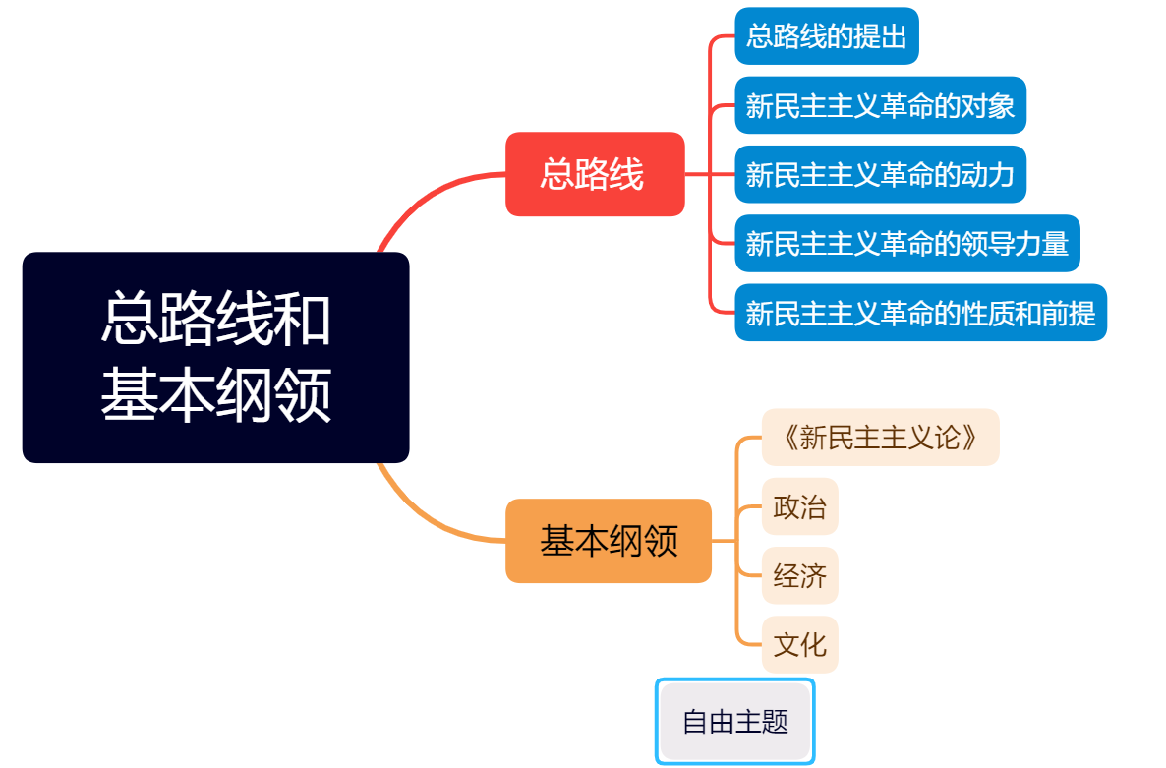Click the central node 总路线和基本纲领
tap(215, 357)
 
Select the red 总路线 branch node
tap(594, 174)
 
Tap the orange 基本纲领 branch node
tap(608, 541)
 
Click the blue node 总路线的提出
tap(826, 36)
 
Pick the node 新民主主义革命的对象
tap(880, 105)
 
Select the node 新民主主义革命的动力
tap(880, 174)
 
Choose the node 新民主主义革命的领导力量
tap(906, 243)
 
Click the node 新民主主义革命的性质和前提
tap(920, 313)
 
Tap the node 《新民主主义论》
tap(880, 437)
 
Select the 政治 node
tap(799, 506)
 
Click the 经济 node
tap(799, 575)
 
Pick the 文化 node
tap(799, 645)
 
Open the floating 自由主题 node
tap(735, 722)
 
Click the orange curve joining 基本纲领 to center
tap(423, 517)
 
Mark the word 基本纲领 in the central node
tap(215, 395)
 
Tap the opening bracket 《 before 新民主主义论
tap(788, 437)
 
